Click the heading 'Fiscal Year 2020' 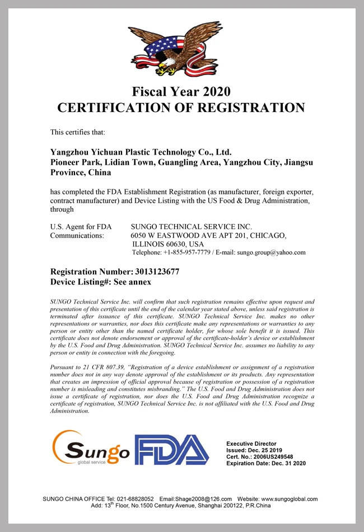tap(181, 91)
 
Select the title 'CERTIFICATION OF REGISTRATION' tap(181, 108)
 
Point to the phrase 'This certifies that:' tap(74, 132)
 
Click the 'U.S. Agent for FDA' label tap(81, 226)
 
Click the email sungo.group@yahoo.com tap(272, 253)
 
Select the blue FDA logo tap(171, 450)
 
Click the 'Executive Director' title tap(251, 444)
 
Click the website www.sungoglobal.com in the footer tap(290, 499)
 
